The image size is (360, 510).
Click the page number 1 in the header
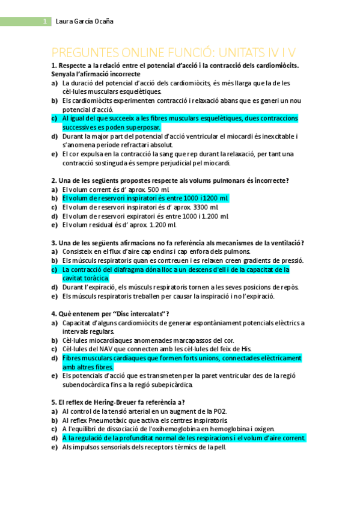44,22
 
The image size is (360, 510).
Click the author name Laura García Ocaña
84,22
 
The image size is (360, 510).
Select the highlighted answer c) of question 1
180,123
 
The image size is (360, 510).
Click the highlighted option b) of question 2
145,198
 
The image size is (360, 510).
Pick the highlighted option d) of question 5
183,438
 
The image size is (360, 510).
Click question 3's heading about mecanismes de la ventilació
178,242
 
